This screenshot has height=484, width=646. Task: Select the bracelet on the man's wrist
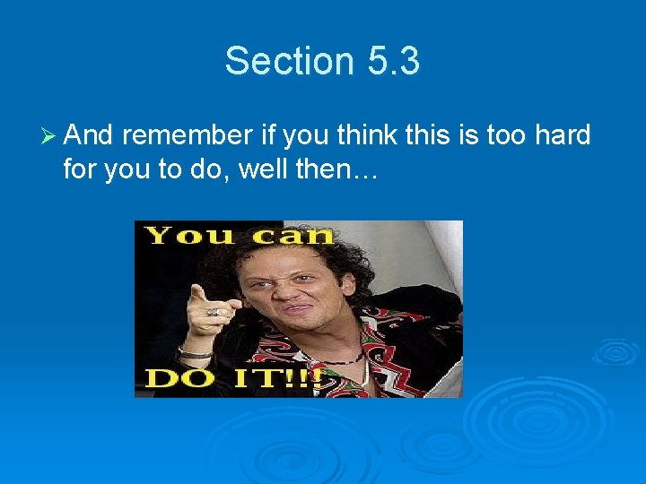(x=196, y=352)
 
